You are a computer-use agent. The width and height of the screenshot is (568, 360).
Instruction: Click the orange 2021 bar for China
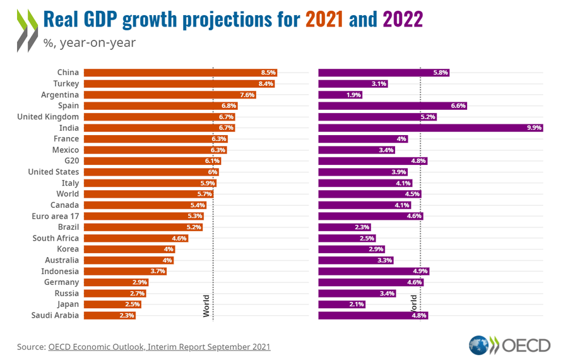(180, 73)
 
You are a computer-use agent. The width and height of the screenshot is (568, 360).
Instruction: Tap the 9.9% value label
(534, 128)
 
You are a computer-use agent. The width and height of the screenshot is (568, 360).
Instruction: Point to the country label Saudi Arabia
(55, 315)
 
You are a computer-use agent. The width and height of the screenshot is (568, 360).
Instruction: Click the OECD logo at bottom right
(510, 345)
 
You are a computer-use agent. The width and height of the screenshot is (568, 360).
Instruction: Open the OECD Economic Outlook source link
(159, 347)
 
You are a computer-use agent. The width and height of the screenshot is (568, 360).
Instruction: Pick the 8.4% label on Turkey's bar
(266, 83)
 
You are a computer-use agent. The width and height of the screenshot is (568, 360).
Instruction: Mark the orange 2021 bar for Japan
(112, 304)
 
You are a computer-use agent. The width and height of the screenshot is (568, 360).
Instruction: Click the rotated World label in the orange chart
(206, 305)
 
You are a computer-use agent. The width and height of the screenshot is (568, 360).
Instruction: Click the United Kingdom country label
(48, 117)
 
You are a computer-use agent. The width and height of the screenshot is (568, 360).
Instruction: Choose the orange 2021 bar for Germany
(116, 282)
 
